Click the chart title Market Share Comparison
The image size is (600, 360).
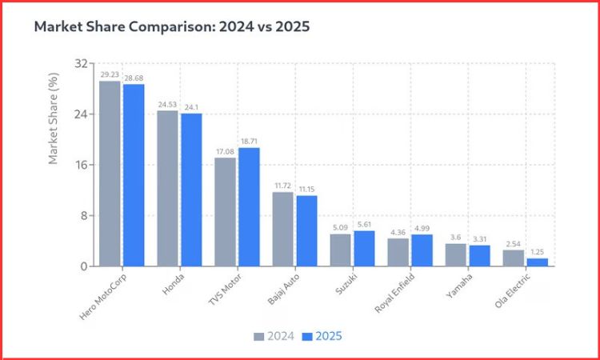point(171,26)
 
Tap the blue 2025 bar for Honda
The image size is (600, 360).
point(191,190)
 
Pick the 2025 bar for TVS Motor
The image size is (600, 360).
point(249,206)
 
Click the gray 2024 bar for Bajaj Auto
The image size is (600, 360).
point(282,229)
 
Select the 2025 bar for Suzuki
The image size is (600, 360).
point(364,248)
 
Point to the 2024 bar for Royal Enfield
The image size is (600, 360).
point(398,252)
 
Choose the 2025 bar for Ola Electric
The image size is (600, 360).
point(538,262)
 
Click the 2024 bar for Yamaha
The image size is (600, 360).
point(455,254)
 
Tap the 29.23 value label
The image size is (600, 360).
point(110,74)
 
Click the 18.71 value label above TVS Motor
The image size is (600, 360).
point(250,141)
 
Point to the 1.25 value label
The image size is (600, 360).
point(538,252)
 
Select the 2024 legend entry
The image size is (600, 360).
point(274,336)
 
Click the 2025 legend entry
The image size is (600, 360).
point(322,336)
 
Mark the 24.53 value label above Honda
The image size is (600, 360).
point(167,104)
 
